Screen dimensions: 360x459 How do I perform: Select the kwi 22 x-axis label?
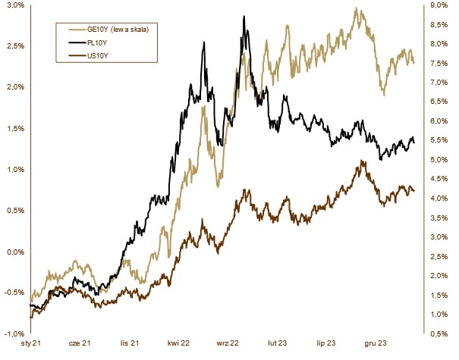[180, 343]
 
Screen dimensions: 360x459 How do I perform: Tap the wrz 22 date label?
[228, 343]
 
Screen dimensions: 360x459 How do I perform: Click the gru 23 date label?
[376, 343]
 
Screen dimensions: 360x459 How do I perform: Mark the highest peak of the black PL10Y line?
[244, 16]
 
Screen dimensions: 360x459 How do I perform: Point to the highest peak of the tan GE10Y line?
[356, 8]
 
